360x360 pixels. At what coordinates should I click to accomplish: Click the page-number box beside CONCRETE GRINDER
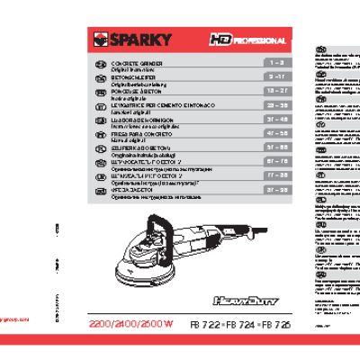274,64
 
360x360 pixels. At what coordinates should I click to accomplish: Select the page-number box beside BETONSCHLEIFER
274,77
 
